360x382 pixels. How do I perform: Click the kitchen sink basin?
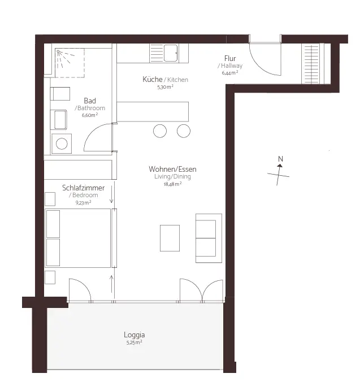click(171, 53)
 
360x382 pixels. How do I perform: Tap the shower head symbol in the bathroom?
click(58, 51)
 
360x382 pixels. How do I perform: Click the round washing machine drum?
click(62, 144)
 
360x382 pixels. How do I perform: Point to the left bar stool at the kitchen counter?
click(160, 131)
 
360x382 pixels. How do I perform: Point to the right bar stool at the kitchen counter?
click(184, 131)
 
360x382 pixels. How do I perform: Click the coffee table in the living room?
click(170, 238)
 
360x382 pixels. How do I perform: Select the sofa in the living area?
click(209, 238)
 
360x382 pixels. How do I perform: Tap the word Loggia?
click(134, 335)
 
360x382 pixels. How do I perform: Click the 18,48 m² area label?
click(172, 184)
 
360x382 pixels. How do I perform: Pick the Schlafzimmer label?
click(83, 188)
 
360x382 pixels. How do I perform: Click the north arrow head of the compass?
click(280, 166)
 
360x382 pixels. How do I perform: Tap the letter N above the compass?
click(280, 159)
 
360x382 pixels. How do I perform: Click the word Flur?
click(230, 58)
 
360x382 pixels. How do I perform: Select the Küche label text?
click(153, 79)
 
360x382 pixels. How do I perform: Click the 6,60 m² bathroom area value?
click(90, 115)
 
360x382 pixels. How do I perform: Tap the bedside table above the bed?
click(50, 199)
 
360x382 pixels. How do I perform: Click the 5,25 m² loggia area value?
click(134, 342)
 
